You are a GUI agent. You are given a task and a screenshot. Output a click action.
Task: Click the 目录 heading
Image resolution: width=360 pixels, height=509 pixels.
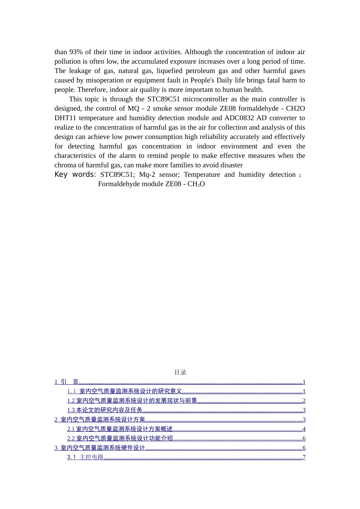click(x=180, y=372)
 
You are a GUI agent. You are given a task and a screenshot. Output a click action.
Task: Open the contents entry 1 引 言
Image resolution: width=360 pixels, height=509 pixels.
click(x=67, y=382)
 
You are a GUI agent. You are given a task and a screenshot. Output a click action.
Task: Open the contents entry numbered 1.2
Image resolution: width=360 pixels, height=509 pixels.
click(x=132, y=401)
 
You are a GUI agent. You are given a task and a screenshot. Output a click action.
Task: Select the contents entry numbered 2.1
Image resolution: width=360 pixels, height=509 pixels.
click(x=120, y=429)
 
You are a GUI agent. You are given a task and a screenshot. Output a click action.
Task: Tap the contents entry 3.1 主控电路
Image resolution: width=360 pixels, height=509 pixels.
click(x=86, y=457)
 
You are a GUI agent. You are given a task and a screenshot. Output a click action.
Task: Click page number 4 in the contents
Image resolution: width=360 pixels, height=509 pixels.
click(x=304, y=429)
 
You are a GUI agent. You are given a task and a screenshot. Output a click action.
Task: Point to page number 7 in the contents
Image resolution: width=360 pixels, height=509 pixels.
click(x=304, y=457)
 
